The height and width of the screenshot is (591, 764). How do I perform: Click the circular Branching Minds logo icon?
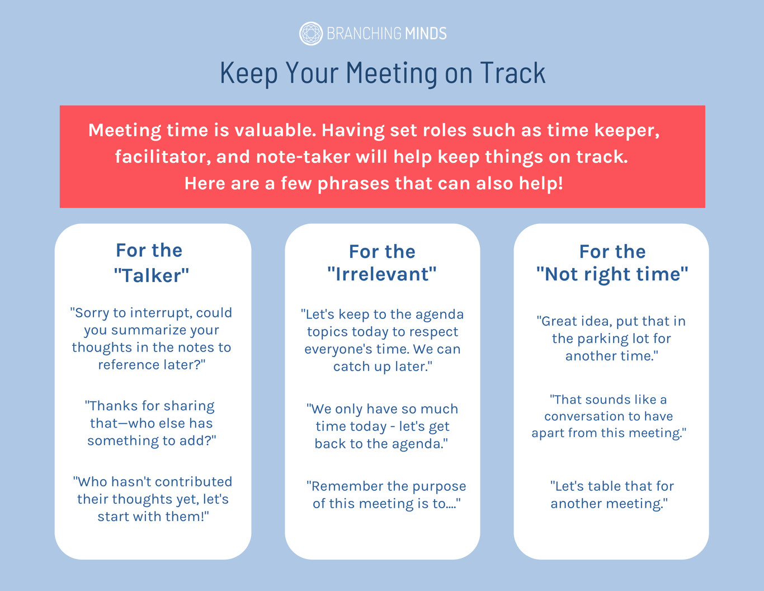pos(310,34)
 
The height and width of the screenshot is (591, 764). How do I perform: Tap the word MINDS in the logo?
pos(426,34)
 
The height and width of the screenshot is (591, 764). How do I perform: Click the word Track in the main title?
pos(513,73)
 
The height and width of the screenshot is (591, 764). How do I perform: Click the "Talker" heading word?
pos(152,275)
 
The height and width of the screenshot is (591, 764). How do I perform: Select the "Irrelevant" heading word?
pos(382,274)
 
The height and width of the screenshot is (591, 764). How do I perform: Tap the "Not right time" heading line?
pos(612,274)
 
